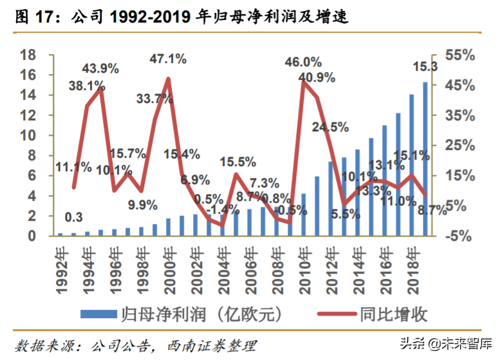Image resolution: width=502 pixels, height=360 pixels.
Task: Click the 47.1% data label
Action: (168, 59)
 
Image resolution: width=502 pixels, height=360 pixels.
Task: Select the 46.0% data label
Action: (303, 62)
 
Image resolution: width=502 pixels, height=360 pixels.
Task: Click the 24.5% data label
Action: (330, 127)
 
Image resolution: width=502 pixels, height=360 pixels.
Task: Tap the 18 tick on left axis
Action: (27, 55)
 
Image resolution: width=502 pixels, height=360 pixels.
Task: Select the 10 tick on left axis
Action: (27, 135)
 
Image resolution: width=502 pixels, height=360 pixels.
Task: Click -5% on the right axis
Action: (458, 236)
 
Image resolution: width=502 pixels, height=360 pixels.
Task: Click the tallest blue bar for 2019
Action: (425, 158)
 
